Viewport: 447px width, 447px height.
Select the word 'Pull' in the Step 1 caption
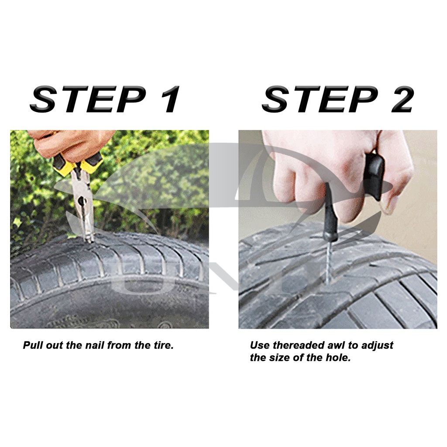[31, 345]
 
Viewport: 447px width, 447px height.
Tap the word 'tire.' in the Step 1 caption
[162, 345]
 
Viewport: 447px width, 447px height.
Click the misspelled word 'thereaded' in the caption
[299, 345]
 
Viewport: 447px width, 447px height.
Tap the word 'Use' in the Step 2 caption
[259, 345]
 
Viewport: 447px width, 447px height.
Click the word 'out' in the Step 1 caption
[55, 345]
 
